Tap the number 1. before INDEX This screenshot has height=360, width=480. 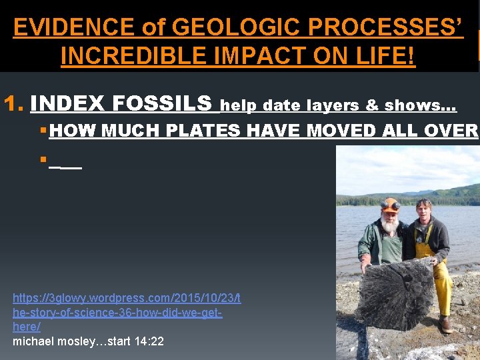pyautogui.click(x=15, y=104)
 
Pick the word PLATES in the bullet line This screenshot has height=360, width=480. pyautogui.click(x=203, y=131)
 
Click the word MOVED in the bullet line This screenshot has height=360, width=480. pyautogui.click(x=338, y=131)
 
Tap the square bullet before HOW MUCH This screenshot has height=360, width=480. pyautogui.click(x=42, y=131)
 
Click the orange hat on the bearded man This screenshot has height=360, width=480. pyautogui.click(x=389, y=203)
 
